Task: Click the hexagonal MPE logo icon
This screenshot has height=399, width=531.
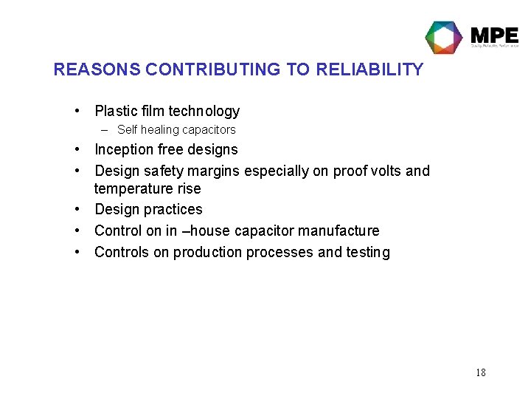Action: (x=444, y=37)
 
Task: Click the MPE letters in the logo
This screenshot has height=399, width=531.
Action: (x=493, y=35)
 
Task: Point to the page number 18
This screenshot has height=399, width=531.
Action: (x=480, y=372)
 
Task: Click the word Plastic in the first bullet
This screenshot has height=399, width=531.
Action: (x=117, y=112)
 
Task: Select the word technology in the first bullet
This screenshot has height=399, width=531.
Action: (x=204, y=112)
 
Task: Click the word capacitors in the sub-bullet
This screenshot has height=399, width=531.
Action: (x=209, y=130)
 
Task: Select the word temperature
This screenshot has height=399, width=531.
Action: (x=130, y=189)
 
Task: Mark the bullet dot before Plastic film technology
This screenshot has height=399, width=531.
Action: (x=77, y=112)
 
